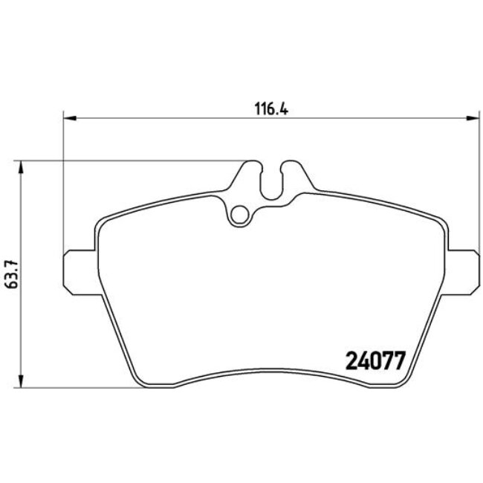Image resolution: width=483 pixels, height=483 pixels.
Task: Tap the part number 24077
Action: [375, 362]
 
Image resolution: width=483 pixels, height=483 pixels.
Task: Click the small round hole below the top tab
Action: [239, 215]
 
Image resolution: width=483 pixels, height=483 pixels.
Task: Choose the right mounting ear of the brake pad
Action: [462, 267]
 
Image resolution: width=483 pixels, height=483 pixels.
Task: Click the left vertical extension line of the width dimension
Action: [64, 186]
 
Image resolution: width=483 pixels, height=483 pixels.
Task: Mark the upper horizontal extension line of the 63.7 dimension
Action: [134, 160]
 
